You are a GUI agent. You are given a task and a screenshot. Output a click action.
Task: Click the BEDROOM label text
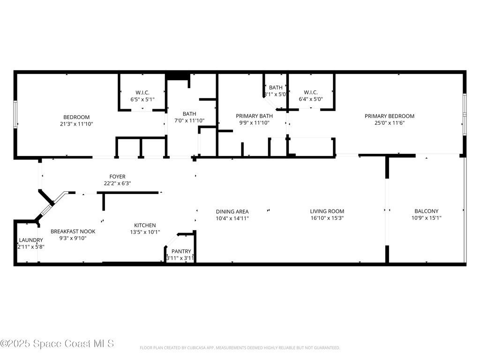coord(76,117)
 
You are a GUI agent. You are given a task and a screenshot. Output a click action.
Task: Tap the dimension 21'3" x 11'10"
coord(76,124)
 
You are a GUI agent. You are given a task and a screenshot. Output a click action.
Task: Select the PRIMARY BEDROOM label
coord(390,116)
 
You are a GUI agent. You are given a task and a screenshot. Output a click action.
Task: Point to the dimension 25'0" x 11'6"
coord(390,123)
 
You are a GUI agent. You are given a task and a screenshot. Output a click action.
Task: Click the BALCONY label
coord(426,211)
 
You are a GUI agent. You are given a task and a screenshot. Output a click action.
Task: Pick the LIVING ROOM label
coord(327,211)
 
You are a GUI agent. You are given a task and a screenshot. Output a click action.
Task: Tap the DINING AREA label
coord(232,211)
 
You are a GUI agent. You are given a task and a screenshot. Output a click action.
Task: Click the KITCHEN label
coord(145,225)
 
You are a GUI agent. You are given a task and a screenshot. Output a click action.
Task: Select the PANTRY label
coord(180,252)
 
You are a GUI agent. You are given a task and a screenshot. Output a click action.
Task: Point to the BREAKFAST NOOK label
coord(73,231)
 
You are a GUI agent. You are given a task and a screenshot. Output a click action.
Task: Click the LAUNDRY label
coord(31,240)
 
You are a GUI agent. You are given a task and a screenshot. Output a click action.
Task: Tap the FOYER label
coord(117,177)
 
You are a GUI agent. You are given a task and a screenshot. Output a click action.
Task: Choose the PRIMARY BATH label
coord(254,116)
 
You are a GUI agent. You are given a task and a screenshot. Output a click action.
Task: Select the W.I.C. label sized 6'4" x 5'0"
coord(311,92)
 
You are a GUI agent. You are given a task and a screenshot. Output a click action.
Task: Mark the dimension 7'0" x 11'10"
coord(189,120)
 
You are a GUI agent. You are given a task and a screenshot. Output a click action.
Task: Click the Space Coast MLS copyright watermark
coord(57,344)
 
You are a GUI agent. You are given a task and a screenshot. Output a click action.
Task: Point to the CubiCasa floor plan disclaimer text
coord(240,348)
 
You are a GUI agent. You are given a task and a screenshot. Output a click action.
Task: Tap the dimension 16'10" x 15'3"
coord(327,218)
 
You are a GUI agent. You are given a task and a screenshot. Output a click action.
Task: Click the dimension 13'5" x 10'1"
coord(145,232)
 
